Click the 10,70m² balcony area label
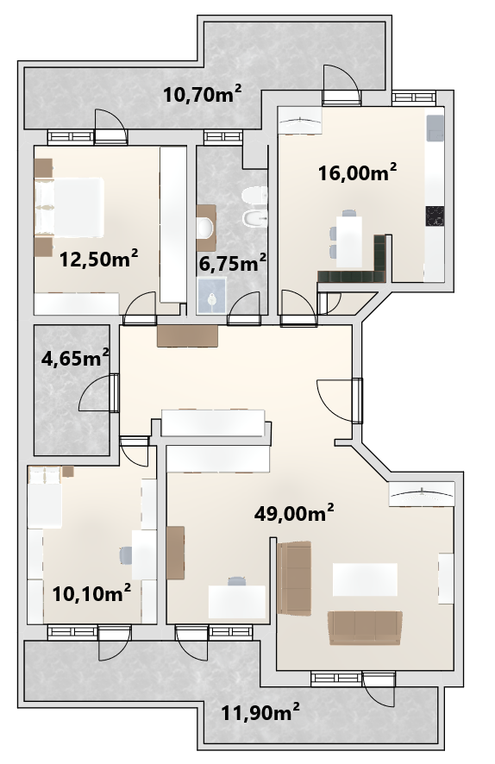pyautogui.click(x=202, y=93)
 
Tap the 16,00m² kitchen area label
pyautogui.click(x=357, y=172)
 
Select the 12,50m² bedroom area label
pyautogui.click(x=99, y=259)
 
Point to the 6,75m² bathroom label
pyautogui.click(x=232, y=263)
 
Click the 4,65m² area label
pyautogui.click(x=74, y=359)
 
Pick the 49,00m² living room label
pyautogui.click(x=294, y=512)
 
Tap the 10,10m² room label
pyautogui.click(x=91, y=593)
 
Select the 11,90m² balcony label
pyautogui.click(x=260, y=713)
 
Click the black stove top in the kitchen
pyautogui.click(x=435, y=216)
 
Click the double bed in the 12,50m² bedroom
pyautogui.click(x=69, y=207)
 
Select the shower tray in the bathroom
pyautogui.click(x=212, y=296)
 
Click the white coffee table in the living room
pyautogui.click(x=365, y=579)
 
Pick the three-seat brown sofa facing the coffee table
pyautogui.click(x=366, y=628)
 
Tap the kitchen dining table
pyautogui.click(x=350, y=241)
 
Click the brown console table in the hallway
pyautogui.click(x=188, y=336)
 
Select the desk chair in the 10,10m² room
pyautogui.click(x=126, y=554)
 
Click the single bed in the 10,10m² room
pyautogui.click(x=44, y=498)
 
